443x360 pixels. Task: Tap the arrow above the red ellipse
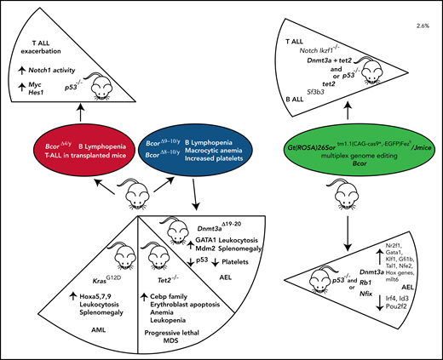pos(72,108)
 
